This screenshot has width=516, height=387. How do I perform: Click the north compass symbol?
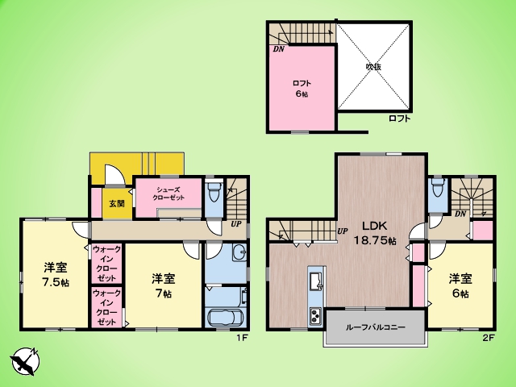[x=25, y=361]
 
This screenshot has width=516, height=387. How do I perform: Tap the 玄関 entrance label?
[x=117, y=203]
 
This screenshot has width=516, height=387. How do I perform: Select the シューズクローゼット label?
[x=169, y=193]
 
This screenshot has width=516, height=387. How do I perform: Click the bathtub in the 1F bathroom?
[x=226, y=318]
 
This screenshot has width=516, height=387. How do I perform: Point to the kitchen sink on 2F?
[x=317, y=281]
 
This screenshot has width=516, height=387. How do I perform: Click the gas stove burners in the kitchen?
[x=316, y=315]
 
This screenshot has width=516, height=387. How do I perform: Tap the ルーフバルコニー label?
[x=375, y=327]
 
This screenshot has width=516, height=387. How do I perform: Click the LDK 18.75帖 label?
[x=374, y=233]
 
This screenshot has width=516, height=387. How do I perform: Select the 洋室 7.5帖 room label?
[x=56, y=275]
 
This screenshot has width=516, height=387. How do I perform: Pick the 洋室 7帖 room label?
[x=163, y=285]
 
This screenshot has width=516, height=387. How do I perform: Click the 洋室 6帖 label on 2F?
[x=460, y=285]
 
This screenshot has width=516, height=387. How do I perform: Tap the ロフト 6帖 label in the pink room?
[x=302, y=89]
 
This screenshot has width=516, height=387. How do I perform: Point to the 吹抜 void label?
[x=374, y=66]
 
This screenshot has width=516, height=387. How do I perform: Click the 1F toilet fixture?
[x=214, y=191]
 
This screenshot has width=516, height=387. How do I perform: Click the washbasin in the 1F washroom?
[x=239, y=252]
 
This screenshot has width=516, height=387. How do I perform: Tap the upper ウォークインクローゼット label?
[x=106, y=264]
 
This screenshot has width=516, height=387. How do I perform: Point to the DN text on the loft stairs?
[x=278, y=49]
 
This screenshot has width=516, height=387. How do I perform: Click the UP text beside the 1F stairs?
[x=236, y=224]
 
